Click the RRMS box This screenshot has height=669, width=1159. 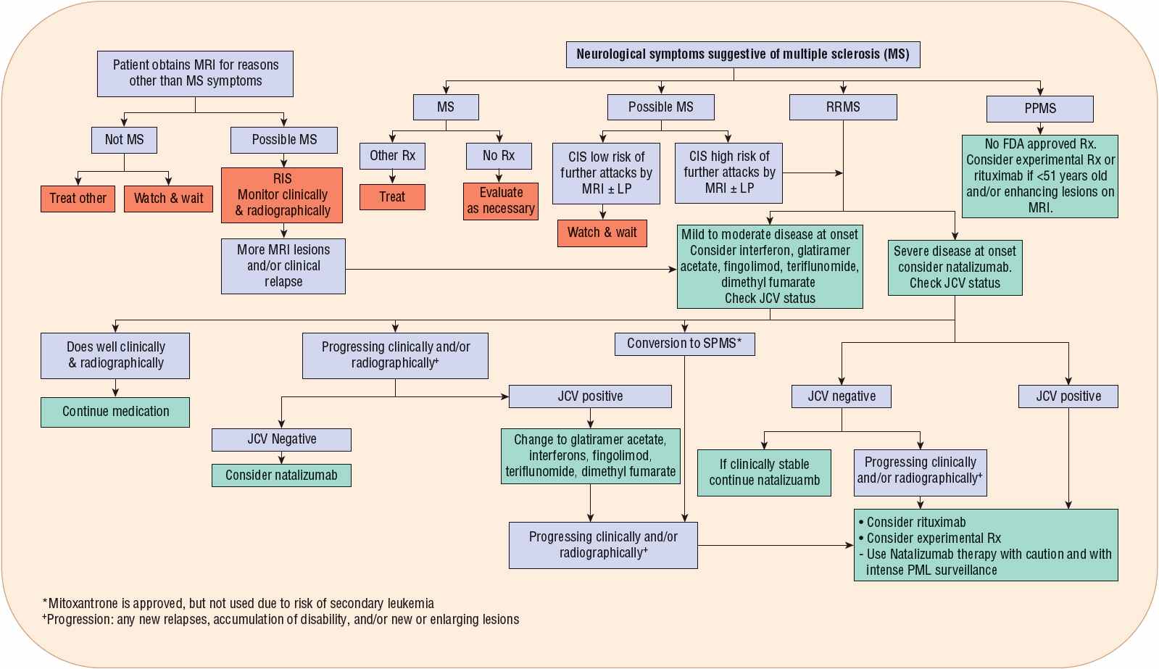842,107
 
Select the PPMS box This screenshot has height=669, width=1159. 1039,109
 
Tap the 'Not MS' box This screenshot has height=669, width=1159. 124,140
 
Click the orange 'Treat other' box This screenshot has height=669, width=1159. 78,199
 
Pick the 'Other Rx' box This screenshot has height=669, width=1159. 392,156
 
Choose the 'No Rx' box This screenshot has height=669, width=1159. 499,156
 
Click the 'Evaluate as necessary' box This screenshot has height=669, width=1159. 501,201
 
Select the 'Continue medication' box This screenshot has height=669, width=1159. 115,412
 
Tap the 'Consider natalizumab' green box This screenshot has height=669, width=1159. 281,475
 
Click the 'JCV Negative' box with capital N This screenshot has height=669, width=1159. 281,439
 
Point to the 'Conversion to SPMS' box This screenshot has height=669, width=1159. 684,344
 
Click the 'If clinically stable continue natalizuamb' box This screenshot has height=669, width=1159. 764,473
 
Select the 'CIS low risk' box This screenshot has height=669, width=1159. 606,173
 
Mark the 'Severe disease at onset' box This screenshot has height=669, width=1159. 955,267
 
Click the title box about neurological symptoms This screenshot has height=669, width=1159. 742,54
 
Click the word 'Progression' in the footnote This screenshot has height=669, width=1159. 79,620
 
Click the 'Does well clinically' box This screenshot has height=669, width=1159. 115,355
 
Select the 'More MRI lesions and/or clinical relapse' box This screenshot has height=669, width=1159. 283,266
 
